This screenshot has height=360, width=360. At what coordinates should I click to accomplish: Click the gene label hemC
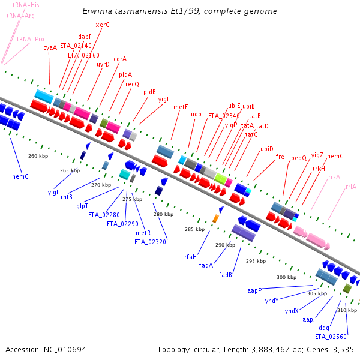(x=21, y=176)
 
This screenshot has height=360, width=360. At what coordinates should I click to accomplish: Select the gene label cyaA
(x=50, y=47)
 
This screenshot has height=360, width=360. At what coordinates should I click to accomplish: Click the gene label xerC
(x=103, y=25)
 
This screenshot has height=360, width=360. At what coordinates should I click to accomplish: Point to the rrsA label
(x=334, y=177)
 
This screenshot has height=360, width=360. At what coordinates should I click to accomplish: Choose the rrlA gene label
(x=351, y=187)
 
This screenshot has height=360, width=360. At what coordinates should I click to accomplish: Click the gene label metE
(x=181, y=107)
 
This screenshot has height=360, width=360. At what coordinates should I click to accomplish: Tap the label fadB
(x=225, y=275)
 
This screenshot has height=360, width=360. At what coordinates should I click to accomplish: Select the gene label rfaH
(x=190, y=257)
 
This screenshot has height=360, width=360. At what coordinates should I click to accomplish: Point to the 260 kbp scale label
(x=37, y=156)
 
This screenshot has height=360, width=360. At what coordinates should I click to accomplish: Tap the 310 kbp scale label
(x=347, y=310)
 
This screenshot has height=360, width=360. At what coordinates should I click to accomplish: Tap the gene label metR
(x=143, y=233)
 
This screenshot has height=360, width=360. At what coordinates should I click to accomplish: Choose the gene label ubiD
(x=267, y=149)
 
